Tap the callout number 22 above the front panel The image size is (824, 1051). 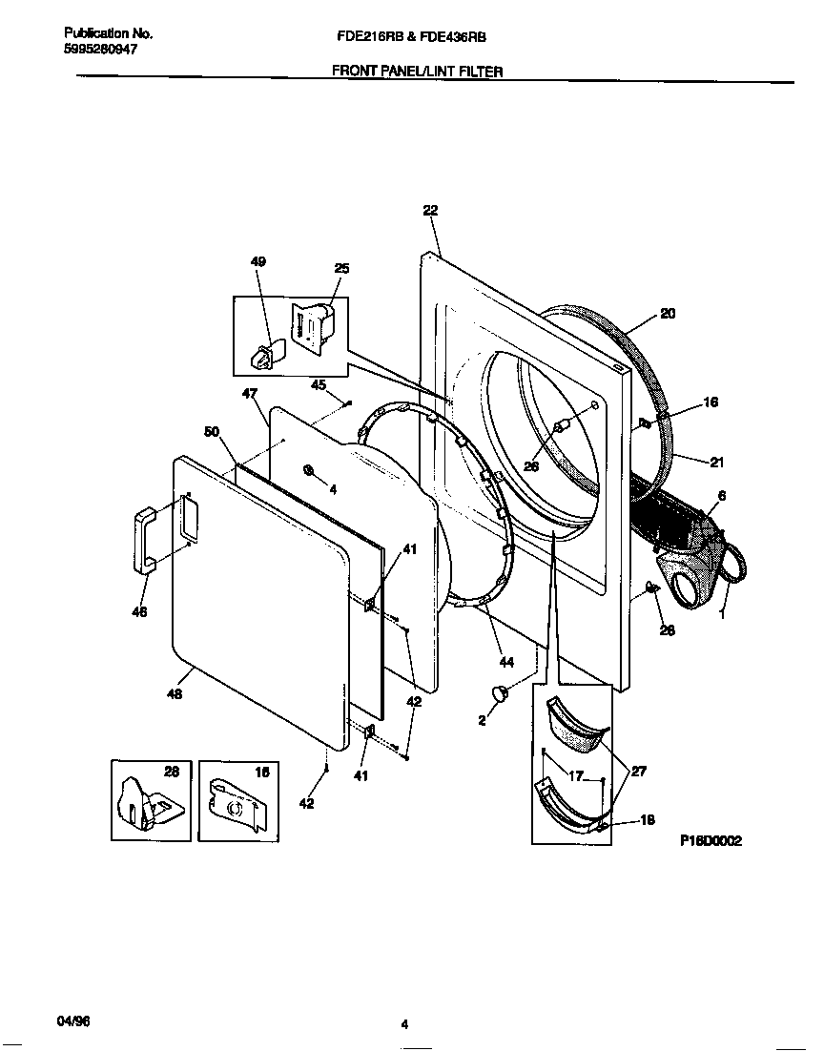pos(430,211)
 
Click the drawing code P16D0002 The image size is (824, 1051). pos(711,841)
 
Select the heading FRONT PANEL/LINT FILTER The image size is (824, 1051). pos(417,71)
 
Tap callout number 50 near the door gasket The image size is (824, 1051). pos(212,432)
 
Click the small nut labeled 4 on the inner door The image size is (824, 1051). pos(310,469)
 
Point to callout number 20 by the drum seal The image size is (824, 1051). pos(668,314)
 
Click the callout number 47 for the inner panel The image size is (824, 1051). pos(250,392)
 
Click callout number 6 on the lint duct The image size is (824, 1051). pos(721,496)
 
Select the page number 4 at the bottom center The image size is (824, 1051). pos(405,1025)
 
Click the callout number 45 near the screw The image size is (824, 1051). pos(319,384)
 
